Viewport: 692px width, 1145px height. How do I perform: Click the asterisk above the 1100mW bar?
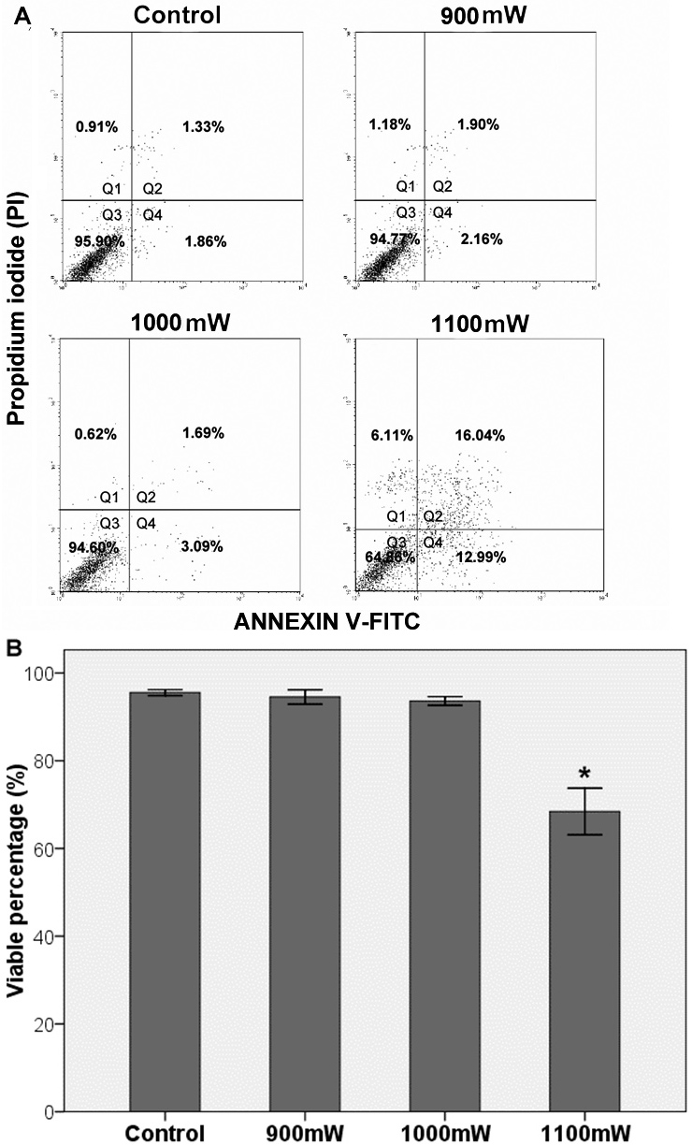tap(584, 774)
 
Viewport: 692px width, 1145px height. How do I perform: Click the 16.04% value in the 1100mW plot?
tap(480, 435)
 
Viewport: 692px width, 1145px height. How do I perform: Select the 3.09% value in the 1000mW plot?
tap(202, 546)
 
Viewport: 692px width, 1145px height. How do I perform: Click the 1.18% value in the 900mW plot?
tap(389, 124)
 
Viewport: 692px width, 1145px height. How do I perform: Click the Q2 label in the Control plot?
tap(152, 189)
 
